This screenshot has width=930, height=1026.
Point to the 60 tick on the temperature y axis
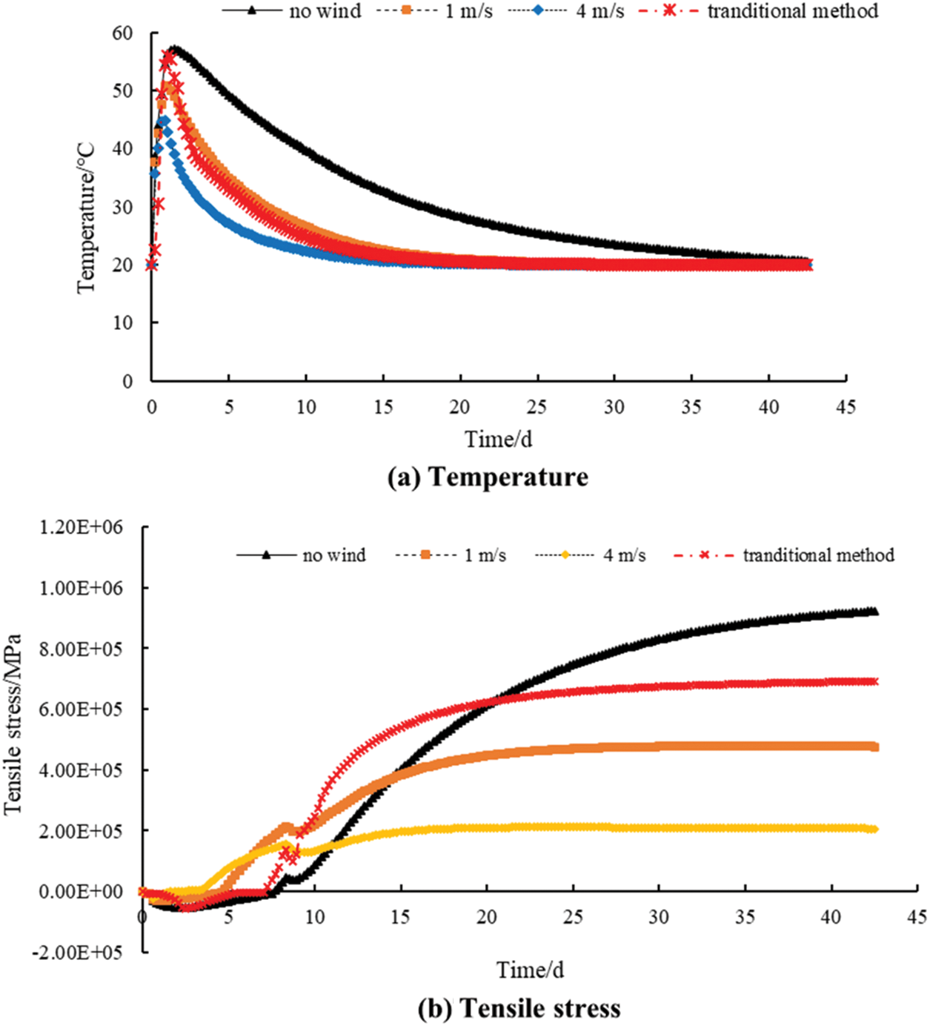tap(123, 33)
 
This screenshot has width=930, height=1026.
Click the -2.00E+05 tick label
tap(76, 952)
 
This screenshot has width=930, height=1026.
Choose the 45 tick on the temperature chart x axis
tap(846, 406)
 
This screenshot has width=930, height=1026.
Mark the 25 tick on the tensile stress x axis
tap(573, 917)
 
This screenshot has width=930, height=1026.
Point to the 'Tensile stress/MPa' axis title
tap(13, 724)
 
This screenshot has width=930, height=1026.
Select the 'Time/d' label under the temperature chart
tap(498, 439)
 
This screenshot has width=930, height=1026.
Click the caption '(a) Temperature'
tap(488, 477)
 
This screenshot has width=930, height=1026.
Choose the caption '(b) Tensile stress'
tap(519, 1008)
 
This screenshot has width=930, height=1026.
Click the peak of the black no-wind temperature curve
tap(173, 48)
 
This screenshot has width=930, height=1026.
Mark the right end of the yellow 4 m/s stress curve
tap(874, 829)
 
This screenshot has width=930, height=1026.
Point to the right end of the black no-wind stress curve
tap(874, 612)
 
